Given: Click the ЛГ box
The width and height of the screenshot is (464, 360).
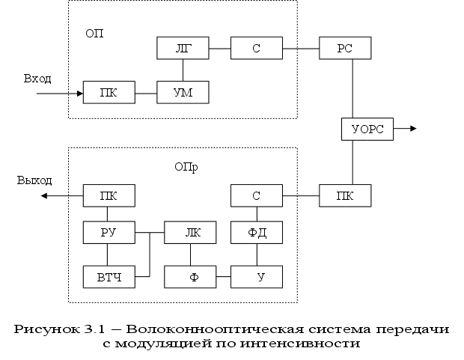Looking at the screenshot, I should (x=183, y=48).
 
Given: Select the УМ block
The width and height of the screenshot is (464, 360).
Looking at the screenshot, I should (x=183, y=92).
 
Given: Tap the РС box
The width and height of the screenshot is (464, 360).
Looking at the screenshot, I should (x=344, y=48).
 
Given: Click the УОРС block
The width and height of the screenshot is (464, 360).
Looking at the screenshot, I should (x=367, y=129).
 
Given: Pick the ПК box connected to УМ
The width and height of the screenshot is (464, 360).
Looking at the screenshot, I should (x=109, y=92).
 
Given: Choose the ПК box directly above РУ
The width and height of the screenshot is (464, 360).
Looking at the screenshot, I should (x=109, y=196).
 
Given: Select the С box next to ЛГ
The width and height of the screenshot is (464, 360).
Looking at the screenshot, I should (x=256, y=48).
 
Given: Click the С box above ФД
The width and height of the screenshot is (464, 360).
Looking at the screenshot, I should (x=256, y=196).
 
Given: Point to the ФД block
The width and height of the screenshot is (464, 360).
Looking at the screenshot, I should (x=256, y=233).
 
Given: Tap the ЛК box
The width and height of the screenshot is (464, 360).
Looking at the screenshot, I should (x=190, y=233).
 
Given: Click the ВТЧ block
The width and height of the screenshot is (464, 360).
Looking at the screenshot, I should (x=109, y=278).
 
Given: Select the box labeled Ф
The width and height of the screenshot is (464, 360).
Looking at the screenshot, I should (x=190, y=278).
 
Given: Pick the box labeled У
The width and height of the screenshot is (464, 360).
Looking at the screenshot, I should (x=256, y=278).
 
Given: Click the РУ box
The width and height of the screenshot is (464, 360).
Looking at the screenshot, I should (x=109, y=233).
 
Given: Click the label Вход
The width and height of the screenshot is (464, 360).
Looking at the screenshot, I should (x=37, y=78).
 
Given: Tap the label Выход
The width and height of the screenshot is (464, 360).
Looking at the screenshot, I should (x=35, y=181).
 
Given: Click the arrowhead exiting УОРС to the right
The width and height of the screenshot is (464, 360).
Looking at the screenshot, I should (x=411, y=129).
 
